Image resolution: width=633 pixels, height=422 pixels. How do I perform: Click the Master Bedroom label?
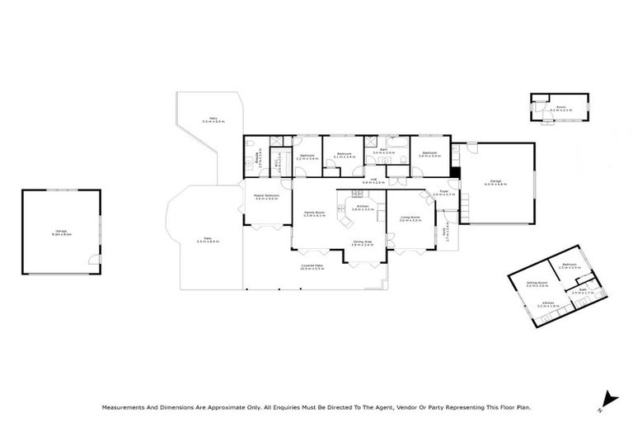(x=266, y=196)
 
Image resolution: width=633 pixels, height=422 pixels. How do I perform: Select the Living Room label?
(x=410, y=218)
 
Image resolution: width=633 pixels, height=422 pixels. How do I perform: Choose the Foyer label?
(x=443, y=192)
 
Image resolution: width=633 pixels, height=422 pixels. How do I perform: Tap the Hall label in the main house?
(x=373, y=179)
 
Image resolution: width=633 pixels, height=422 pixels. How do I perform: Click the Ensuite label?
(x=258, y=156)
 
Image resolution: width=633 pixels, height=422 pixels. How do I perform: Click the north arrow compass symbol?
(x=607, y=397)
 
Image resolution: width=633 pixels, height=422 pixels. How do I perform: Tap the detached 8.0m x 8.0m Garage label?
(x=61, y=232)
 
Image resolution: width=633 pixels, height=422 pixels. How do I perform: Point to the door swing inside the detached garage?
(x=93, y=261)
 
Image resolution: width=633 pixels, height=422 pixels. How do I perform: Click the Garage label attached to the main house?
(x=495, y=181)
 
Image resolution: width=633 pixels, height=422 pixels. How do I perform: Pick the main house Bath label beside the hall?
(x=383, y=150)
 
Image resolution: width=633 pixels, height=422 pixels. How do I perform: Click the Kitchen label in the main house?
(x=363, y=207)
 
